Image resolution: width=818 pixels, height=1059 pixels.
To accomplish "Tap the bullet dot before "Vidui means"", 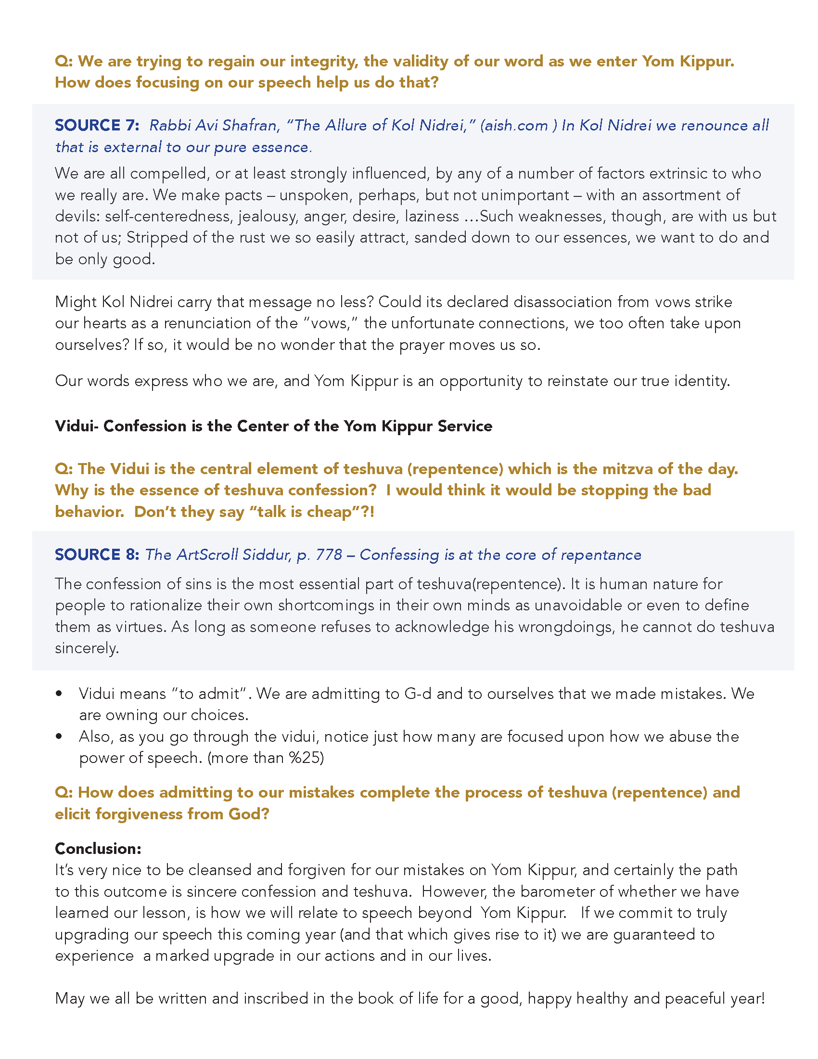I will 59,694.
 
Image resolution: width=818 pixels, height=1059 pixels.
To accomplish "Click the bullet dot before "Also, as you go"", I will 59,736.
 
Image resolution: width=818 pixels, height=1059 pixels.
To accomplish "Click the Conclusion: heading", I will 98,849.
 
